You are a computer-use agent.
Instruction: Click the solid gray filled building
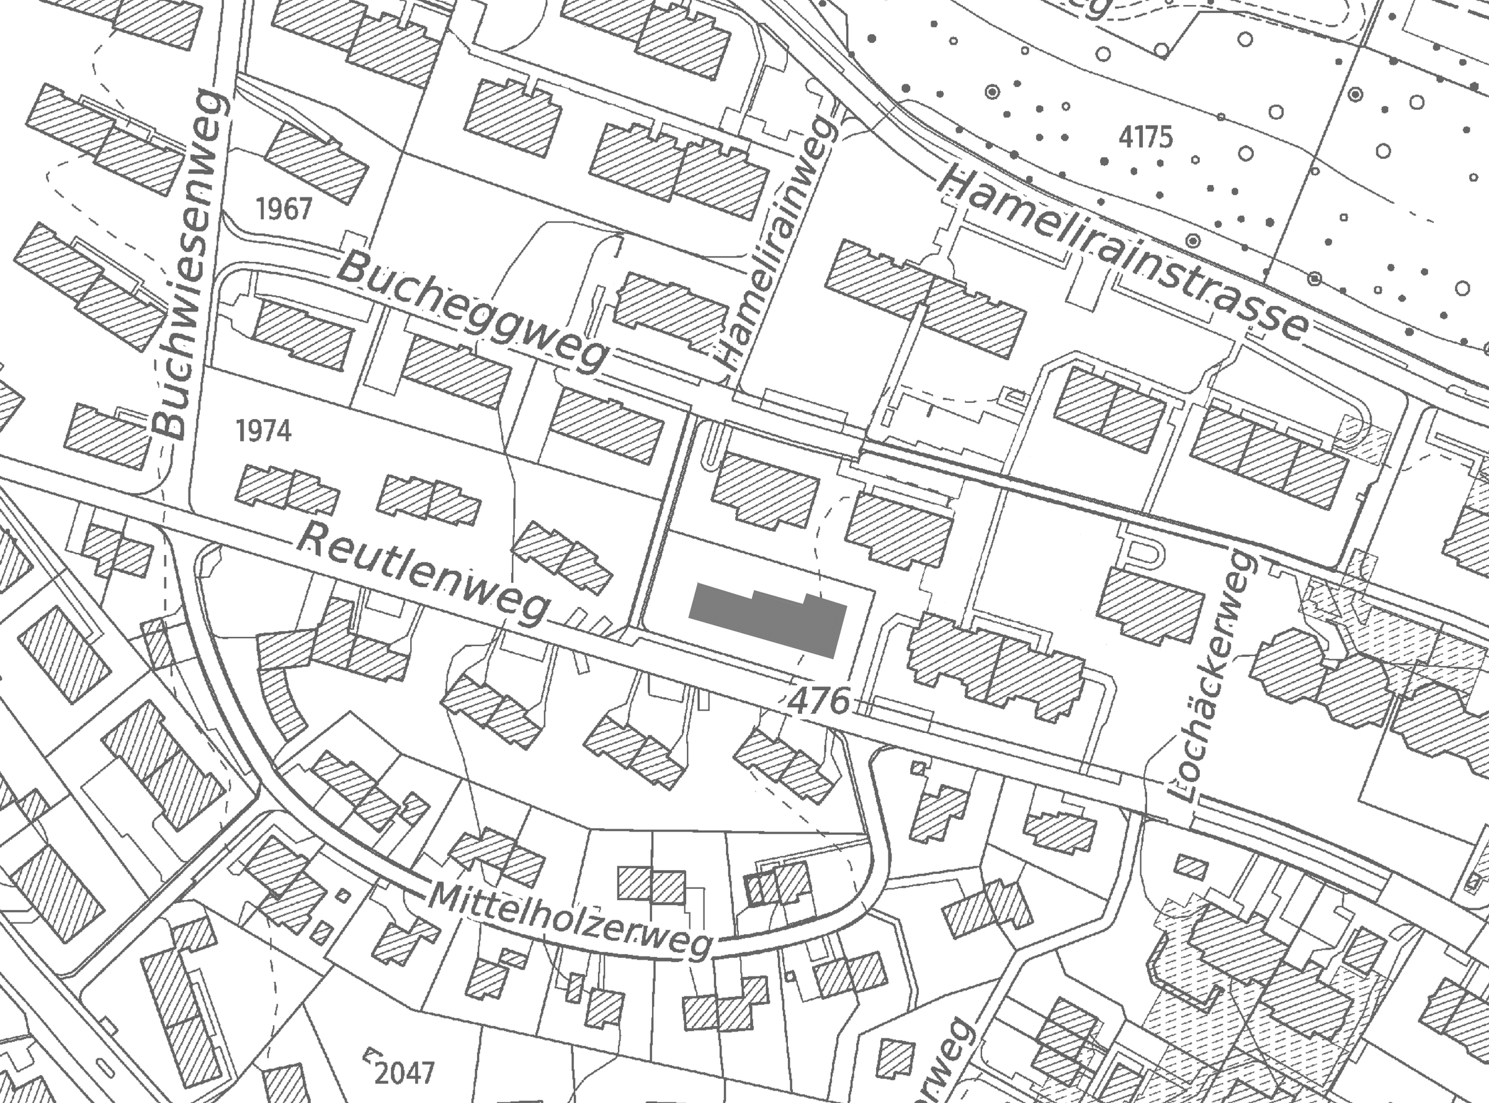click(x=767, y=619)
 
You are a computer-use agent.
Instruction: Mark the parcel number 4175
click(x=1145, y=138)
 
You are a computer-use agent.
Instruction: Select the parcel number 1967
click(x=284, y=209)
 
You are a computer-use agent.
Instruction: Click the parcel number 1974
click(x=264, y=431)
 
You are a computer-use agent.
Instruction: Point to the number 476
click(x=819, y=700)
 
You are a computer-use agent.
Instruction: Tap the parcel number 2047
click(x=405, y=1073)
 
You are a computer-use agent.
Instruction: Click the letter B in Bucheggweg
click(x=354, y=268)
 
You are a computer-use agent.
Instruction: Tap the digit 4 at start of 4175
click(x=1127, y=138)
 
